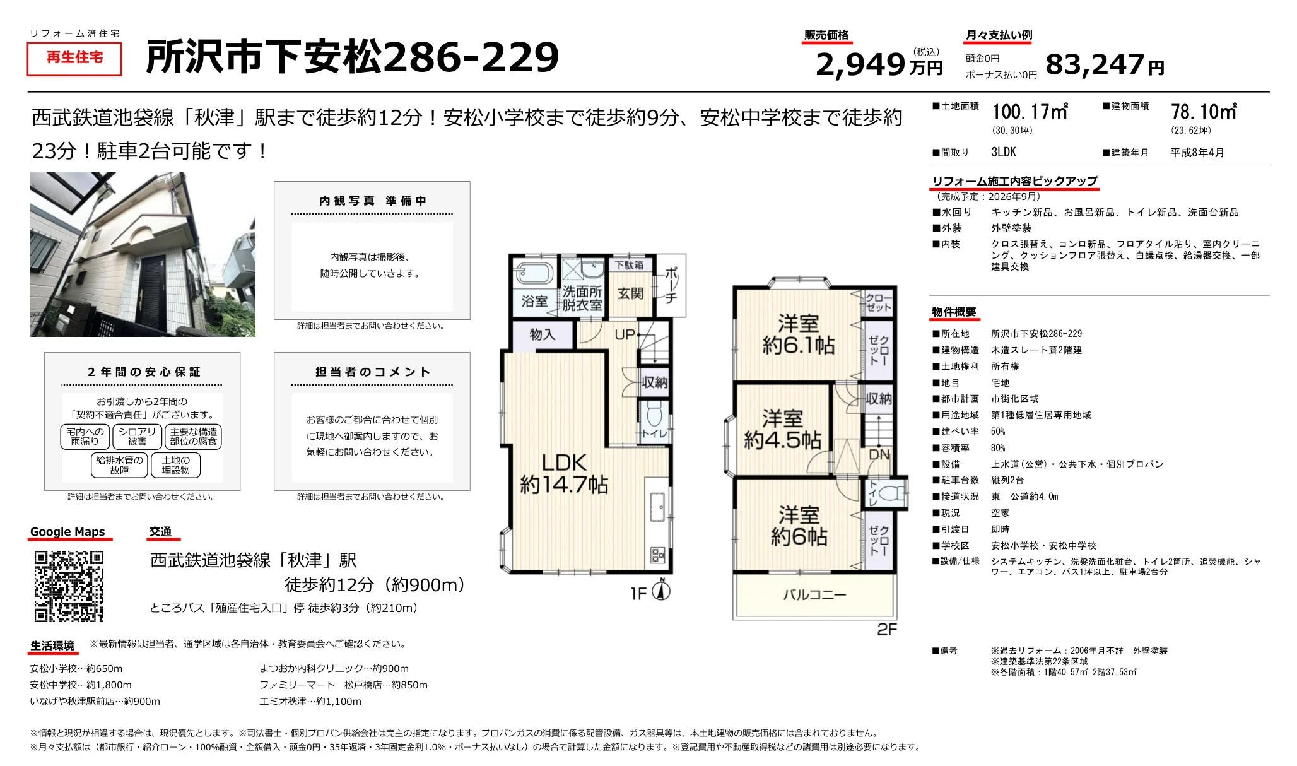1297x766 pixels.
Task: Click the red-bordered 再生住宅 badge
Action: [x=74, y=58]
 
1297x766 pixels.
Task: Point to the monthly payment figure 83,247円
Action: [x=1105, y=64]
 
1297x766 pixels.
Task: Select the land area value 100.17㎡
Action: [x=1030, y=112]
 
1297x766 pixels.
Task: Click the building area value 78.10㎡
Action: [x=1204, y=112]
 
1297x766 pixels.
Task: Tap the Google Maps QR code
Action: [x=69, y=586]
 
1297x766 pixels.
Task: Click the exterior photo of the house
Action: [x=143, y=254]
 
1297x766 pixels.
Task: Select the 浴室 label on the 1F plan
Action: [x=535, y=302]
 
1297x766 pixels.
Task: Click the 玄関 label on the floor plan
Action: [x=630, y=293]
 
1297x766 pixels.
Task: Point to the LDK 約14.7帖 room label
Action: [x=564, y=473]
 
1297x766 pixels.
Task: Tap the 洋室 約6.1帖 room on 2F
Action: [x=798, y=334]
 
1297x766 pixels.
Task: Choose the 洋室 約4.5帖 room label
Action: [x=782, y=429]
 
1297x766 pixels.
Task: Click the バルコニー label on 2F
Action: [x=814, y=594]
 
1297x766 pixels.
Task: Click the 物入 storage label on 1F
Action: [x=543, y=334]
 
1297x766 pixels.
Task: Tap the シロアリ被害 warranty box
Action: [x=137, y=437]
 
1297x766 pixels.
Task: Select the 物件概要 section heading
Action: [x=954, y=312]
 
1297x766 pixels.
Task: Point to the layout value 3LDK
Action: [x=1004, y=152]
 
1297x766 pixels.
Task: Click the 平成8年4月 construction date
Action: [x=1197, y=153]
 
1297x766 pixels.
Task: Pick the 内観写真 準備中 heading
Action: [x=372, y=201]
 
